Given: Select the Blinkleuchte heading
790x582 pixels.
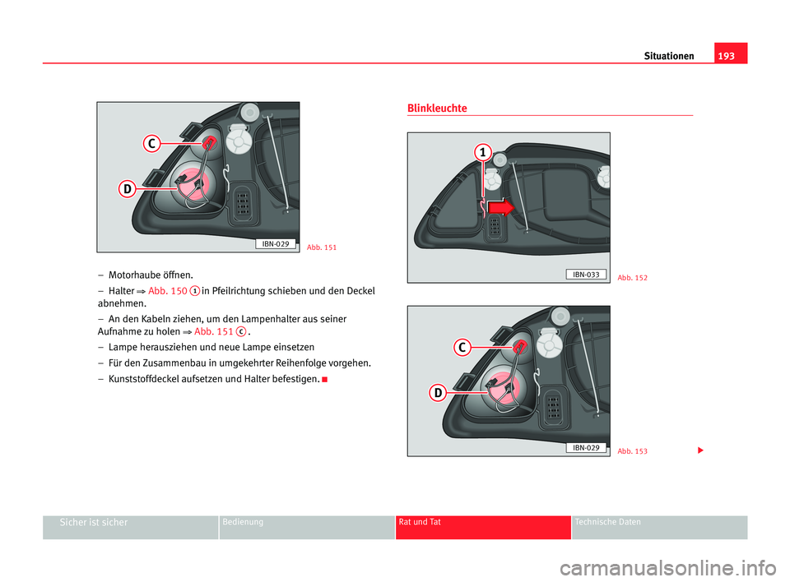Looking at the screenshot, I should [437, 109].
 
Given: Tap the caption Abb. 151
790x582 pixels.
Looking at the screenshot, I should [321, 247].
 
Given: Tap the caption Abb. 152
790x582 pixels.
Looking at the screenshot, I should [632, 278].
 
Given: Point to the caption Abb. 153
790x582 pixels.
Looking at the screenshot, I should [632, 451].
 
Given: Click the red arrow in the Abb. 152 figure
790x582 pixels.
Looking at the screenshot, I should [500, 207].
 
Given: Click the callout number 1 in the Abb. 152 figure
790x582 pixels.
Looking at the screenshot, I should [481, 153].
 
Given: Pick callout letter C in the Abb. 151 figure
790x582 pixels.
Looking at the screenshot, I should [151, 145].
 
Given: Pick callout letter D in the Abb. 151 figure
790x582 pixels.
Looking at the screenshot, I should [128, 190].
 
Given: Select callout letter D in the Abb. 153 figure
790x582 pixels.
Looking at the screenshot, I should [439, 394].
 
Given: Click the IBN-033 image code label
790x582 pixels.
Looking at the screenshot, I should [585, 274].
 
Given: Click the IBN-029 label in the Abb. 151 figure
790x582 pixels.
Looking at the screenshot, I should [276, 243].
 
